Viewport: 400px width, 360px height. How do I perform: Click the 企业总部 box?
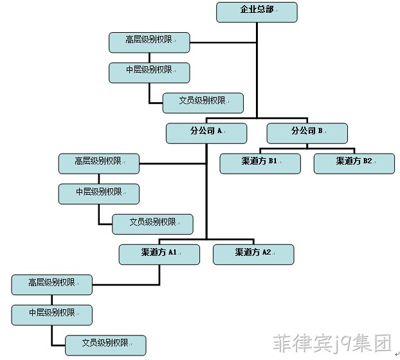click(x=257, y=12)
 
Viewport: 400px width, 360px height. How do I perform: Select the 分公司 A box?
click(x=206, y=133)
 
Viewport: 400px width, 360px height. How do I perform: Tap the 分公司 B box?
click(x=307, y=133)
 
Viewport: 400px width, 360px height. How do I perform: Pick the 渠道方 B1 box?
click(x=260, y=164)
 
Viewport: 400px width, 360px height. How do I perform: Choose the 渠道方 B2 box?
click(x=354, y=164)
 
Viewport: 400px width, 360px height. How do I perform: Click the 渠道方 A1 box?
click(x=159, y=255)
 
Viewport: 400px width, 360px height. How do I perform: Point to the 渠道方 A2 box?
click(x=253, y=255)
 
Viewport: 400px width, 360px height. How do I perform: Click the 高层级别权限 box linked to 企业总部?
click(x=149, y=42)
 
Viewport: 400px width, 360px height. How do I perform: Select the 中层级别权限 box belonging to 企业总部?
click(x=149, y=73)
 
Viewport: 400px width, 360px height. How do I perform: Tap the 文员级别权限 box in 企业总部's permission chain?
click(x=203, y=103)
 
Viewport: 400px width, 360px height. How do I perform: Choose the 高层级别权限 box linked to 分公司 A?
click(x=99, y=164)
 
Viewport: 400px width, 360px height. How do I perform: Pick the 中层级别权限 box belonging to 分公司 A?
click(x=99, y=194)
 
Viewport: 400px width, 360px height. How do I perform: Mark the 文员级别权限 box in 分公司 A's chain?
click(x=152, y=224)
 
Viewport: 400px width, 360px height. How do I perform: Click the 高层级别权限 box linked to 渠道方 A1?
click(x=52, y=285)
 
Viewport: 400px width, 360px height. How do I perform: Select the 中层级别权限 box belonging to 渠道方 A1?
click(x=52, y=315)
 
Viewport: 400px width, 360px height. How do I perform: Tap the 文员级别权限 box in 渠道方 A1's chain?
click(x=105, y=345)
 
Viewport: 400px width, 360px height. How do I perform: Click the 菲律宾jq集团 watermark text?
click(x=332, y=343)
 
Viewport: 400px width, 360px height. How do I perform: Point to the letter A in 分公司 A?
click(x=220, y=130)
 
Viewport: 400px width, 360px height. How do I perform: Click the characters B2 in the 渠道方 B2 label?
click(x=367, y=161)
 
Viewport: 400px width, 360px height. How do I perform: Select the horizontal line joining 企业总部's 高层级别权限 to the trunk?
click(x=223, y=42)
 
